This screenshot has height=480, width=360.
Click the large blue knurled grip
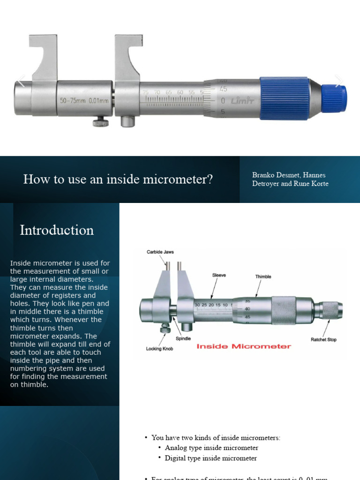(284, 98)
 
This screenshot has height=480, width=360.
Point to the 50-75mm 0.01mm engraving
(84, 100)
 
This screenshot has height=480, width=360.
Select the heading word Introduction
(57, 230)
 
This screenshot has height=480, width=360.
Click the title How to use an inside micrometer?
(118, 179)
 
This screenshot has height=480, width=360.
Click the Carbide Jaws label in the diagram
(160, 252)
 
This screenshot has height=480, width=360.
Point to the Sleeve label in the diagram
(219, 275)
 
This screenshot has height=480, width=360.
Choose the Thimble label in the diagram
(263, 277)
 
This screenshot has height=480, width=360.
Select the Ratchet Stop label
(323, 339)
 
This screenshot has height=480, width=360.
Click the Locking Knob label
(160, 349)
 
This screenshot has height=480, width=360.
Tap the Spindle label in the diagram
(183, 338)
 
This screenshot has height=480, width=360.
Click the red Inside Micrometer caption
(244, 346)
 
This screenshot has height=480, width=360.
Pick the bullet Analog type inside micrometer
(211, 448)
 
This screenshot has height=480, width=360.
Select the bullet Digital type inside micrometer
(211, 458)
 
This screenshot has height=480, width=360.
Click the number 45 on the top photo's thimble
(223, 89)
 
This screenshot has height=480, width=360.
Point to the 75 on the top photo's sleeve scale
(146, 92)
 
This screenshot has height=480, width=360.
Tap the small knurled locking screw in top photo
(100, 123)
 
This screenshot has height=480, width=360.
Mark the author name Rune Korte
(311, 183)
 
